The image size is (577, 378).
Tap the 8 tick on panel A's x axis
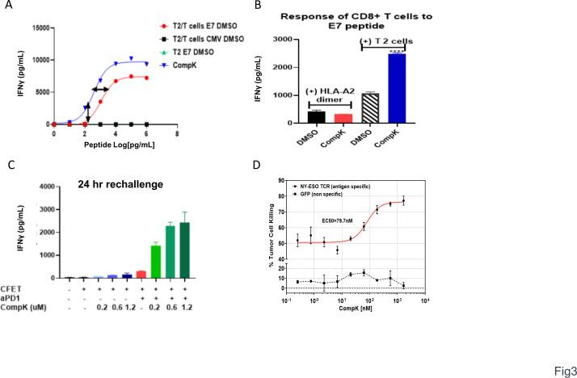(177, 133)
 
